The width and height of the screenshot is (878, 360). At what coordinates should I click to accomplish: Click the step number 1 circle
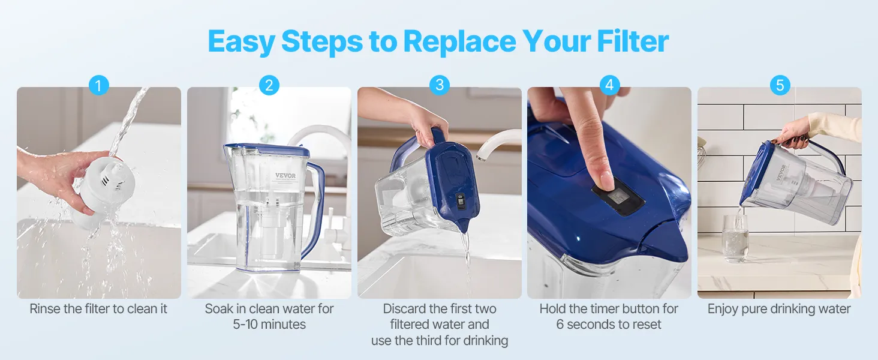point(98,85)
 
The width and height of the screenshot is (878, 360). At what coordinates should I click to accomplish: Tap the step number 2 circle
point(269,85)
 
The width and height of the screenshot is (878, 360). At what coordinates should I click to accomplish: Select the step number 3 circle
point(440,85)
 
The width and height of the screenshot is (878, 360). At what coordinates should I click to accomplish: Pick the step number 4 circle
point(609,85)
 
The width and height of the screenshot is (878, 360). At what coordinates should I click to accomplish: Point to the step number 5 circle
point(780,85)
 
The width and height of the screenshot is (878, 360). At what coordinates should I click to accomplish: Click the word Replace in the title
point(459,41)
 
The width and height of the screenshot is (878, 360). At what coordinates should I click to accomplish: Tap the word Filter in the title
point(633,41)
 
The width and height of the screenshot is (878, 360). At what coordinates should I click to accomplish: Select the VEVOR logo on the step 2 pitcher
point(285,176)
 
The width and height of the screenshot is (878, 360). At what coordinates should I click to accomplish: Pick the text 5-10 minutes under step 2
point(269,325)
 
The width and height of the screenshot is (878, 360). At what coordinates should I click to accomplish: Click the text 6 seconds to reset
point(609,325)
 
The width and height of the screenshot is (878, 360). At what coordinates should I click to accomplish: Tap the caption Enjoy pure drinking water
point(779,308)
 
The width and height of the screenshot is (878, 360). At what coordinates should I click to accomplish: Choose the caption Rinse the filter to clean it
point(98,308)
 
